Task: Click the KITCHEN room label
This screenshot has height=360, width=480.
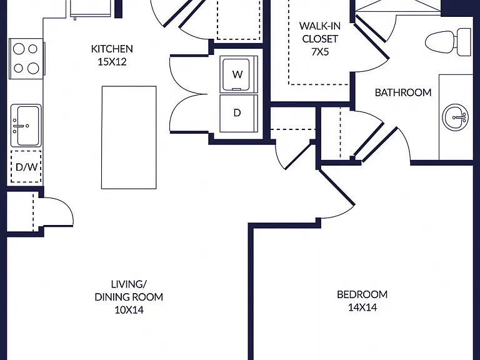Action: coord(112,49)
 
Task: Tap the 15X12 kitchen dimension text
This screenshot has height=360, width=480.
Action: coord(112,62)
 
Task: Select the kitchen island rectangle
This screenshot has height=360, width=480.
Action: coord(129,137)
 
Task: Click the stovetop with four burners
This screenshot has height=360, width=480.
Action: coord(27,59)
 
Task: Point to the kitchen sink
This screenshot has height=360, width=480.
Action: coord(26,126)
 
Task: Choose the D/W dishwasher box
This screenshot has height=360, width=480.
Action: coord(26,166)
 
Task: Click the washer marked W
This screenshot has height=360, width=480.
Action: coord(239,74)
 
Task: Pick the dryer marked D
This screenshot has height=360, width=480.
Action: coord(239,113)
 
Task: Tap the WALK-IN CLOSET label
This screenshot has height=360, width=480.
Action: coord(320,32)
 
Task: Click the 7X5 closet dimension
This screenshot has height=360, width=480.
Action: coord(320,52)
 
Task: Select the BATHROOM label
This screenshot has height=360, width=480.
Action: coord(403,92)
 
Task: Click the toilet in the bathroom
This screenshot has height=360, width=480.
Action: coord(448,42)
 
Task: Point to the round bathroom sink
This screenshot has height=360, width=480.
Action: coord(455,117)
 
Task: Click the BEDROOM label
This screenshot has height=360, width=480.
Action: coord(362,294)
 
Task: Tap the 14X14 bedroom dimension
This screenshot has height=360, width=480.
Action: coord(362,307)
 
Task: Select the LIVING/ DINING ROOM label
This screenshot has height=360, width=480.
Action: coord(129,291)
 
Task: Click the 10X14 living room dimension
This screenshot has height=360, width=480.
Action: coord(129,310)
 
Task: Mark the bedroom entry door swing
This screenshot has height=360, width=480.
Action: coord(337,193)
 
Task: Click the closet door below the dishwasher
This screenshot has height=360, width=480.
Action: coord(57,211)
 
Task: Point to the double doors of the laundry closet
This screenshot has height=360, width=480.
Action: coord(186,94)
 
